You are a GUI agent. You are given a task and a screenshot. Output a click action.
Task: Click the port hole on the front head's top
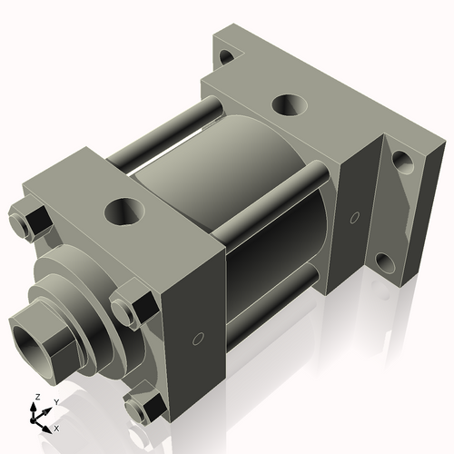[122, 212]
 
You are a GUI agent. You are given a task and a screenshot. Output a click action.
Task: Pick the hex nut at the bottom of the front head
[141, 410]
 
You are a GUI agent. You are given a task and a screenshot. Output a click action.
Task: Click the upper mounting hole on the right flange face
[400, 163]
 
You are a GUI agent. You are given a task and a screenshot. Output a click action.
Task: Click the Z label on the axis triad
[35, 398]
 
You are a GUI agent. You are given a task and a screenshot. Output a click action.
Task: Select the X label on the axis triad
[57, 427]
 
